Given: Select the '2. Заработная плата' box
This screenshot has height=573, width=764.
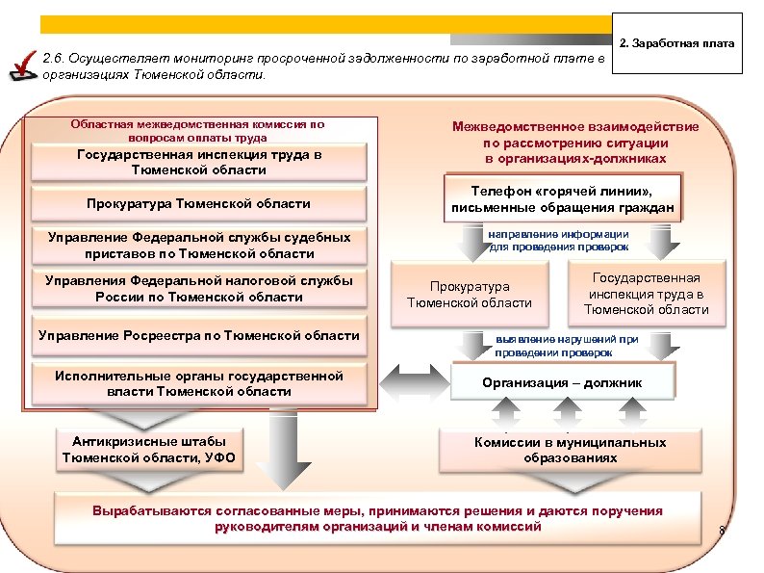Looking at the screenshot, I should (680, 44).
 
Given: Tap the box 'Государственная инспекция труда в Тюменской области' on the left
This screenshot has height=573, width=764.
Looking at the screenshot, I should (199, 162).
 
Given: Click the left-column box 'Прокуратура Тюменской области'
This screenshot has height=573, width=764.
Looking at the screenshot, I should (199, 203).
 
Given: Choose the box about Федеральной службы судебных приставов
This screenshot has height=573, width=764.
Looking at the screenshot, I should (199, 246).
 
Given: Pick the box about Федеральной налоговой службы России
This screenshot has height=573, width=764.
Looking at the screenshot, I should (199, 289).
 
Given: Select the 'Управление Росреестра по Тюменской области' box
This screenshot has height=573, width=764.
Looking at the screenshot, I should (199, 335).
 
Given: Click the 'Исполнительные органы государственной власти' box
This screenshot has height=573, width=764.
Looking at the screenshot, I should (199, 383).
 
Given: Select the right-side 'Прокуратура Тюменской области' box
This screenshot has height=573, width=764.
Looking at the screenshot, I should (470, 295).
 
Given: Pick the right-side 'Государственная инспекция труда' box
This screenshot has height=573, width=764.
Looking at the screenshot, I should (646, 293).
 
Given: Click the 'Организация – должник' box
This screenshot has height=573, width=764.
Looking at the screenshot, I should (563, 382).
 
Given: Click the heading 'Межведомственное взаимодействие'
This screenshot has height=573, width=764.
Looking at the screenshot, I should (576, 127).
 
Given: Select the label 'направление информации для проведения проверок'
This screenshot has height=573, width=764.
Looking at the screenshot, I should (558, 240).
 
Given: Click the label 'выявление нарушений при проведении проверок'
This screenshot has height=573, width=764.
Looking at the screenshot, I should (567, 346).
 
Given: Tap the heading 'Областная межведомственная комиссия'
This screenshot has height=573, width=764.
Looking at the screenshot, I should (197, 124).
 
